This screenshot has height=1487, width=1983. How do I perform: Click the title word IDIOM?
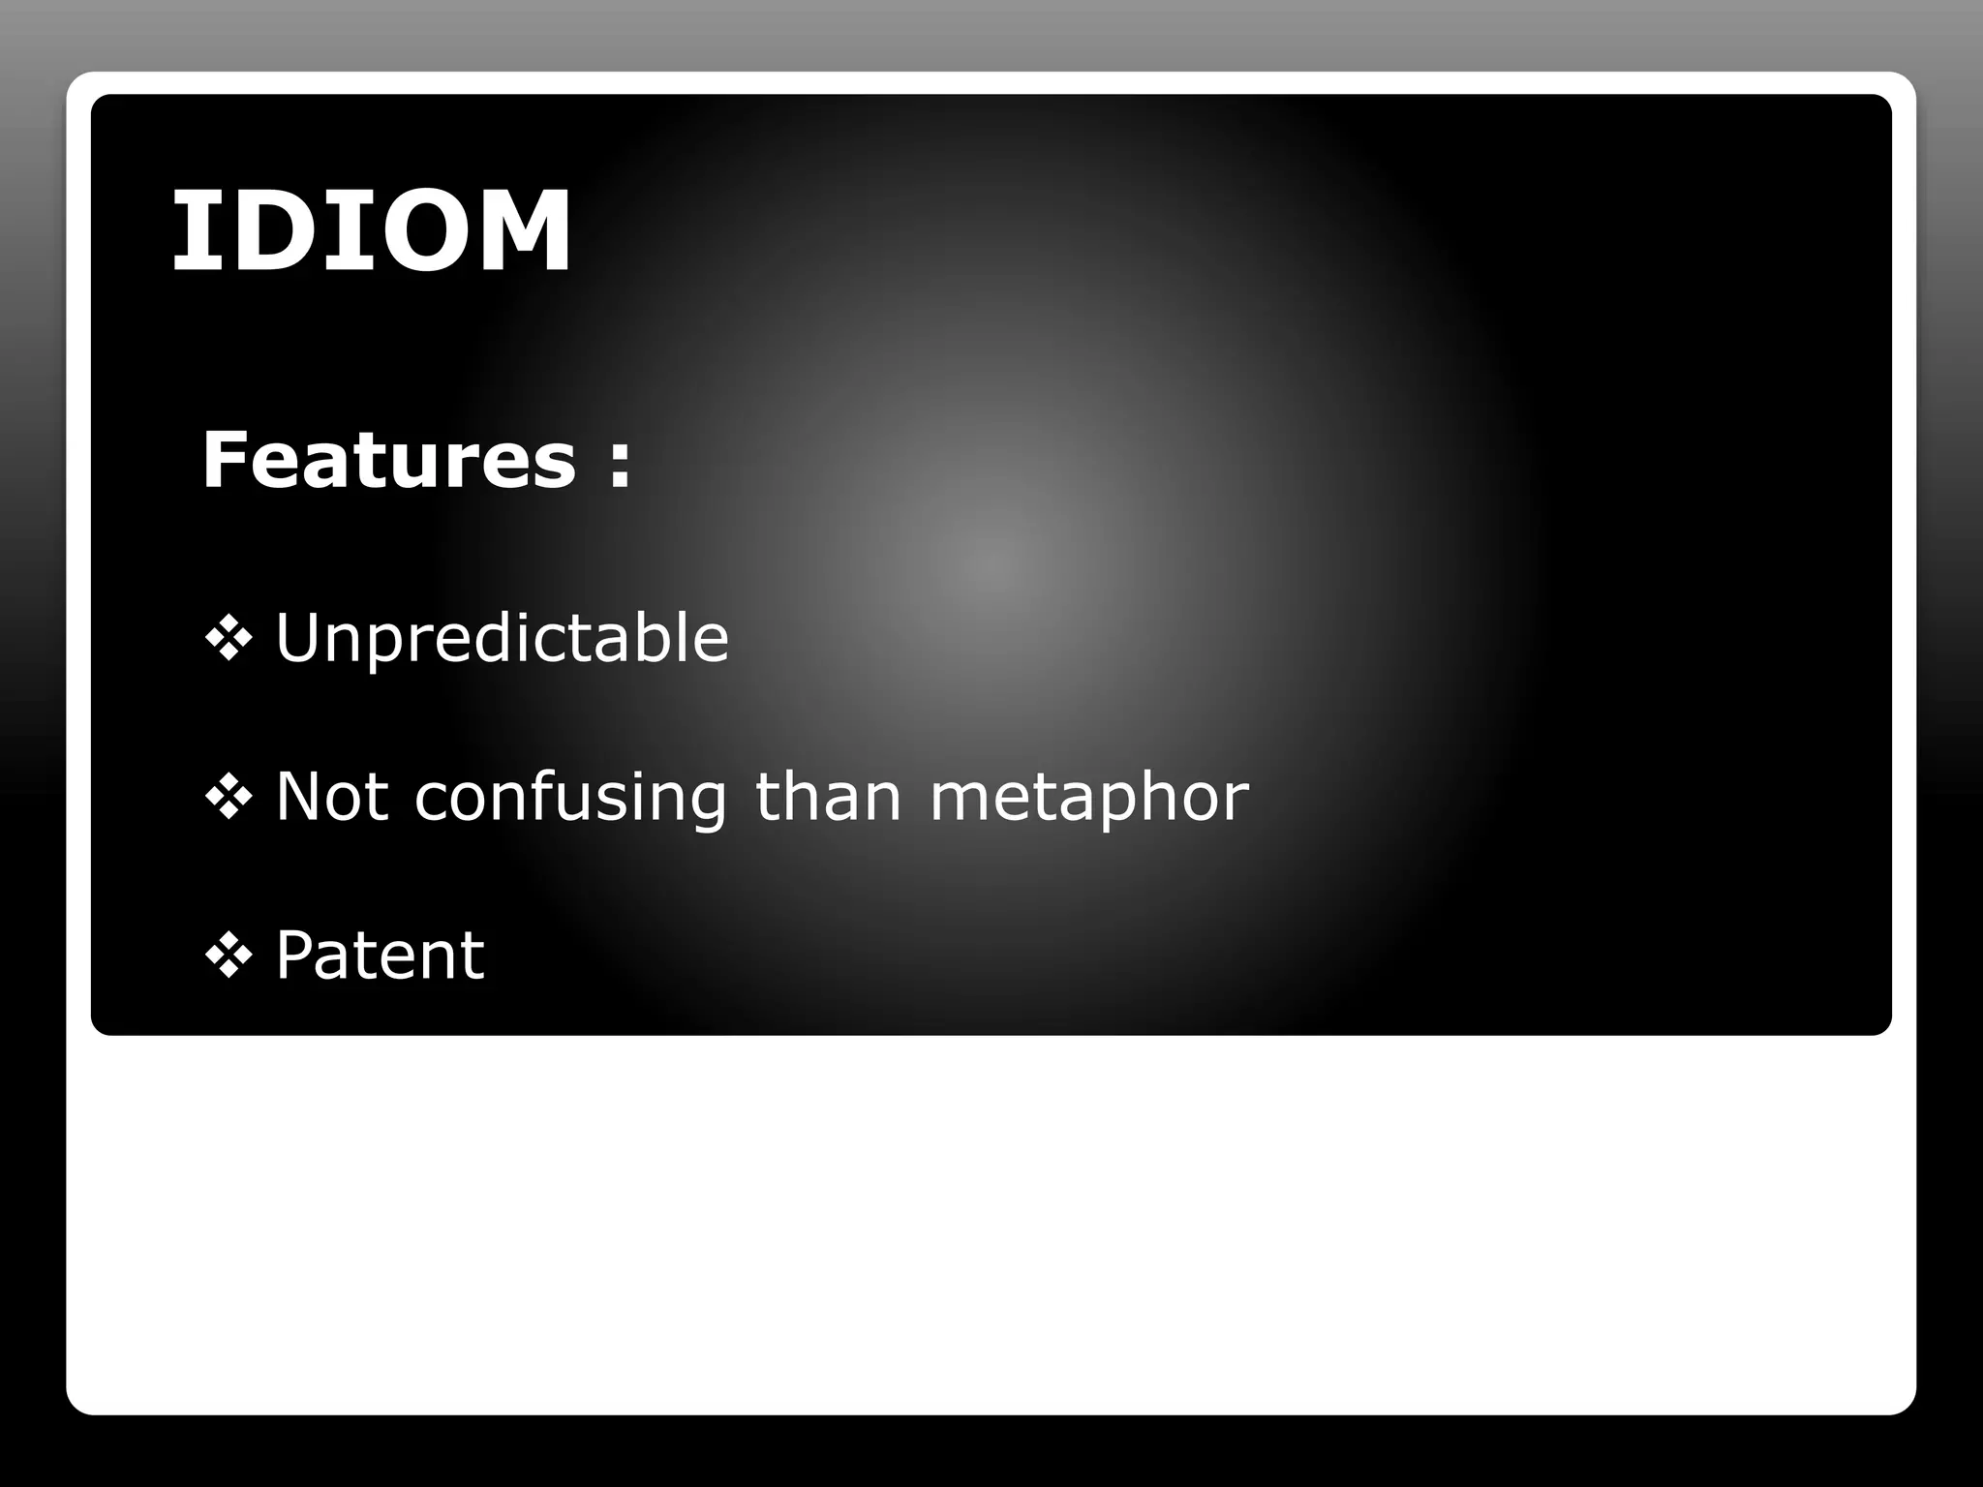[372, 230]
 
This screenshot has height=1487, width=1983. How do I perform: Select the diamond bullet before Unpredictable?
[229, 638]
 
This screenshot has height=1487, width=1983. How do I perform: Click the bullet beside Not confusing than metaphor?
[229, 797]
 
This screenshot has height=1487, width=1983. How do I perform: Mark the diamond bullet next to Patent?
[229, 956]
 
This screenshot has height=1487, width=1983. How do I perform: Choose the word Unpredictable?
[502, 639]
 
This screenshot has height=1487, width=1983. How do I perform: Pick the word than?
[828, 797]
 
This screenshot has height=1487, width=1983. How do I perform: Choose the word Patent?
[380, 956]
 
